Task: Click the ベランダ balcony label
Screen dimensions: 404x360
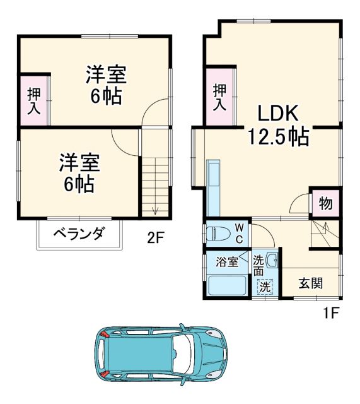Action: (78, 234)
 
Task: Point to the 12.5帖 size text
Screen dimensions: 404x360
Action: (277, 136)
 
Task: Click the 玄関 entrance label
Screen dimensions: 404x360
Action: (310, 283)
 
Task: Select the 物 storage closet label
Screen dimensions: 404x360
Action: (325, 204)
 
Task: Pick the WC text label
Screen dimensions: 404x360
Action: (240, 232)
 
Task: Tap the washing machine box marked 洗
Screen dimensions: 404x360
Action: (266, 285)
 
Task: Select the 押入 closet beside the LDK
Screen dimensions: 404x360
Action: (219, 97)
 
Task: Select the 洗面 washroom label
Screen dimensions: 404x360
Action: (259, 266)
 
